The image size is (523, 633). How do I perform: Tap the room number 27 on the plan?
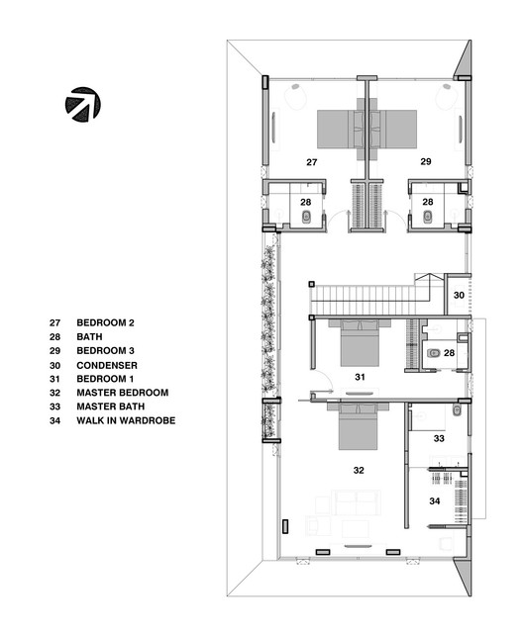click(x=312, y=160)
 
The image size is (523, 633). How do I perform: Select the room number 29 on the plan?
click(x=426, y=160)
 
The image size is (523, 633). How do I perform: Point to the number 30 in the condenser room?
click(x=459, y=295)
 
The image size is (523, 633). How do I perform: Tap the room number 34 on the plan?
click(x=434, y=501)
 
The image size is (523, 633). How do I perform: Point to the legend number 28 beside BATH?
click(x=55, y=336)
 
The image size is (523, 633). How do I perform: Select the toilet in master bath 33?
click(x=456, y=409)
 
